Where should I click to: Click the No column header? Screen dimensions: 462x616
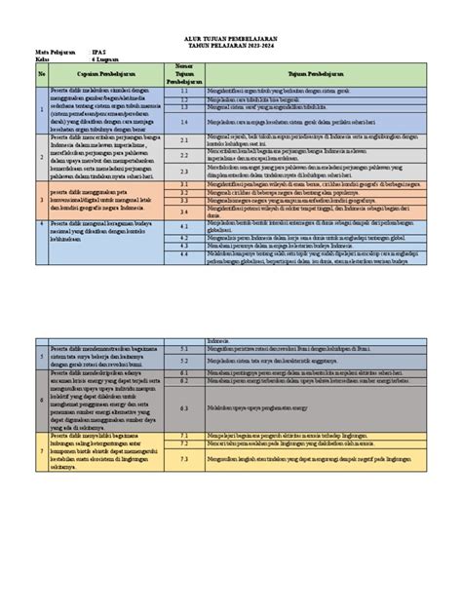click(42, 73)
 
